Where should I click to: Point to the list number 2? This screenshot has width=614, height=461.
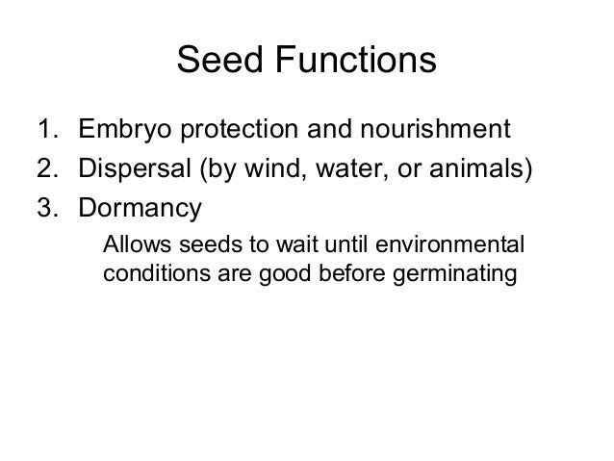[x=45, y=169]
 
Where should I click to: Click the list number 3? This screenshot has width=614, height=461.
[x=45, y=209]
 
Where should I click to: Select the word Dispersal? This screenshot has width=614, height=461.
[x=135, y=169]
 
